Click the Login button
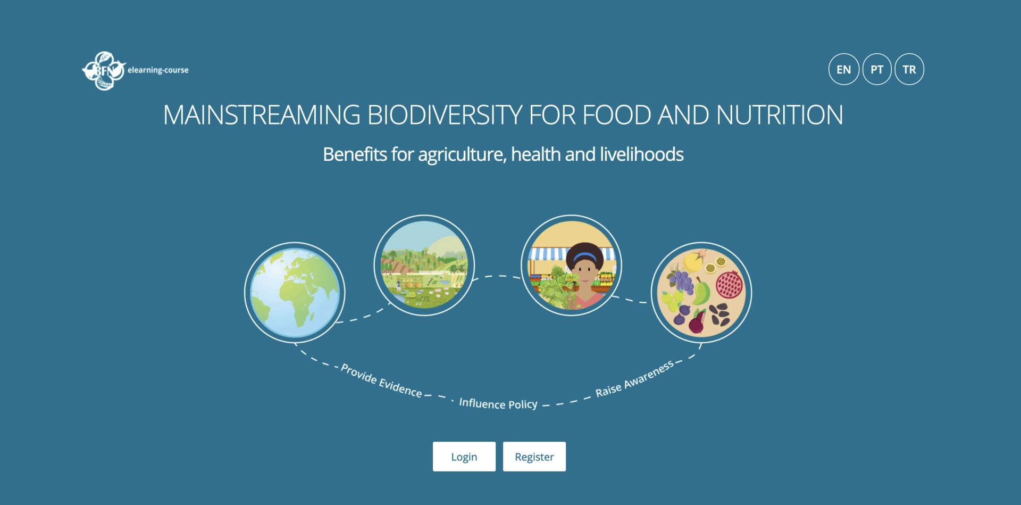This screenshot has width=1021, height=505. click(464, 456)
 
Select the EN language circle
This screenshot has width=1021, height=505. click(843, 69)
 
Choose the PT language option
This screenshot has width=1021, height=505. click(877, 69)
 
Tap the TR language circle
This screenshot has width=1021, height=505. click(909, 69)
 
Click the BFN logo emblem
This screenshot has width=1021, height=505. click(104, 71)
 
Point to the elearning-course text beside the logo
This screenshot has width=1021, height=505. click(158, 70)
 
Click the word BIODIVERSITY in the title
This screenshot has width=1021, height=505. click(443, 115)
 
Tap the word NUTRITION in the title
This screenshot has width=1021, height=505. click(779, 115)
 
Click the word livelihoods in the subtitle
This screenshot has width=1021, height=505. click(641, 154)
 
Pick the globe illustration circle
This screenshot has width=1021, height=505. click(295, 292)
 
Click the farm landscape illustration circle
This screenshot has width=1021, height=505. click(424, 265)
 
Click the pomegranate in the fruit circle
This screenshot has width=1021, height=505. click(729, 284)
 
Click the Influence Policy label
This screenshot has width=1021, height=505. click(498, 403)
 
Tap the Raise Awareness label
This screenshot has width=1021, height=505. click(634, 378)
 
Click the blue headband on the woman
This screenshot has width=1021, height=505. click(585, 256)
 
